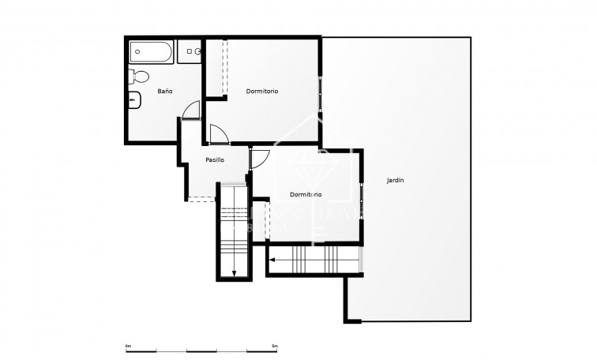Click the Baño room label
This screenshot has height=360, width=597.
[x=164, y=92]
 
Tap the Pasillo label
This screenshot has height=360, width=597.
[x=214, y=159]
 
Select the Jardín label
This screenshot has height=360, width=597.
[x=395, y=181]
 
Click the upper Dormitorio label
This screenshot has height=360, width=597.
[x=261, y=92]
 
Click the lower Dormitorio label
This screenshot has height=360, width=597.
[x=305, y=194]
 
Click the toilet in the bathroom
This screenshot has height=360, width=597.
[x=139, y=77]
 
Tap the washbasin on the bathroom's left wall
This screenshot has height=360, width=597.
[x=133, y=99]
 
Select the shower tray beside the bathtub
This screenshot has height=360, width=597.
[x=190, y=51]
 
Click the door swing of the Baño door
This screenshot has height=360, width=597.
[x=189, y=111]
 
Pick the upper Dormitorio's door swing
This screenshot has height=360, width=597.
[x=219, y=134]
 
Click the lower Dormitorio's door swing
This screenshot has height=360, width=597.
[x=260, y=159]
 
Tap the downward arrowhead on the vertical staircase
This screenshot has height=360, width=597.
[x=234, y=273]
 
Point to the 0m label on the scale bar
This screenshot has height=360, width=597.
[x=129, y=346]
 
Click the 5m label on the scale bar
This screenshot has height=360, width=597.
[x=274, y=346]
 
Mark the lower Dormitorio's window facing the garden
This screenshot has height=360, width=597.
[x=362, y=195]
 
